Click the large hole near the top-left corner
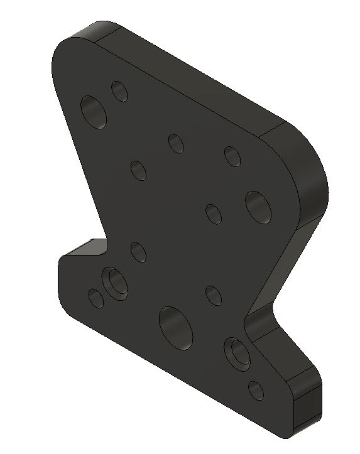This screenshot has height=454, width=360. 94,112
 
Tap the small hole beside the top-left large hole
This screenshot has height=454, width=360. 119,92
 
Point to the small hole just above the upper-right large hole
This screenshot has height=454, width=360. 232,156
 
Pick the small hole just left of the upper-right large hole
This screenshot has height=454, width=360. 214,213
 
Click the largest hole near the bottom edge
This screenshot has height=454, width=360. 175,327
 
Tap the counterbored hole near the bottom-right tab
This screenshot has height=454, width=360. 238,354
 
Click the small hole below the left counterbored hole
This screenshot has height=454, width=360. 96,298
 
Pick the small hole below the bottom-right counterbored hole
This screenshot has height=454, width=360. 256,390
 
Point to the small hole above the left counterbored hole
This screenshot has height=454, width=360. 138,252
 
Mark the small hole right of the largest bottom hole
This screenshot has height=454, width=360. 214,295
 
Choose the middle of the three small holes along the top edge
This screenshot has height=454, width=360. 176,143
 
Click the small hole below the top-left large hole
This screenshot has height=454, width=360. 138,170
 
